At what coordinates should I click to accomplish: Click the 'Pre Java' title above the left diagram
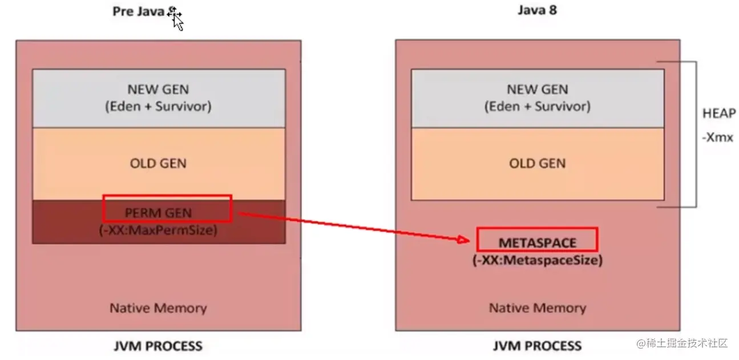[139, 12]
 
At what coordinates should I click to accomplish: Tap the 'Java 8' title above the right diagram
[537, 10]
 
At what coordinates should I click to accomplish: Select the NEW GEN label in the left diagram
[158, 89]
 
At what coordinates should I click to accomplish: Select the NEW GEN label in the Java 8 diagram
[537, 89]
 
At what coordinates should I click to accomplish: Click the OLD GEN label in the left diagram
[158, 163]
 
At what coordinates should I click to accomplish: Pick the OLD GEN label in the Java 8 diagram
[537, 163]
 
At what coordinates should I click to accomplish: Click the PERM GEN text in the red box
[159, 213]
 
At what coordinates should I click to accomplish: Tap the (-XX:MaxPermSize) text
[159, 230]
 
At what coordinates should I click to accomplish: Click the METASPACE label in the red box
[537, 242]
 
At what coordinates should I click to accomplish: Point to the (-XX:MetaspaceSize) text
[537, 261]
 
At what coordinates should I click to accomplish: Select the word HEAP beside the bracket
[718, 114]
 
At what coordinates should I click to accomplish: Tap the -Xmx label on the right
[717, 137]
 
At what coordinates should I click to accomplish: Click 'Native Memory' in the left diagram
[158, 309]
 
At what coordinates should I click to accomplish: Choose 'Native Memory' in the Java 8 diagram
[537, 309]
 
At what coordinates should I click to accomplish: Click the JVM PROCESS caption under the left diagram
[158, 346]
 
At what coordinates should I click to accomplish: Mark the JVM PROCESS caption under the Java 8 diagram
[537, 346]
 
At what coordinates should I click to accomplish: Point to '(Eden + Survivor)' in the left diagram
[158, 106]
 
